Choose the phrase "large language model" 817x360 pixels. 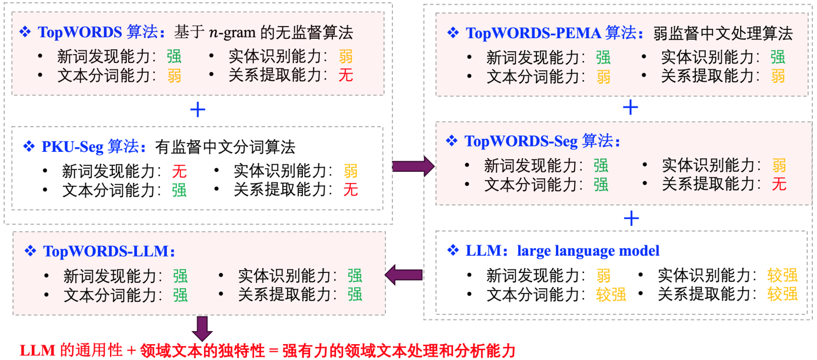click(588, 251)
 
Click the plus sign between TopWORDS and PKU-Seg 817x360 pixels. click(198, 109)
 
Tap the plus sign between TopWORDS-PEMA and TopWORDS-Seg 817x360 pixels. click(630, 106)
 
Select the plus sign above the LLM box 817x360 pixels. click(631, 218)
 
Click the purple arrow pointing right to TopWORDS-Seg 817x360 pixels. click(413, 167)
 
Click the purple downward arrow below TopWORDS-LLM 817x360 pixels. click(202, 326)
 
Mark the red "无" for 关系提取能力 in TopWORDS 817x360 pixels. click(345, 75)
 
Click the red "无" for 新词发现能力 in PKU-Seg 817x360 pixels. click(179, 171)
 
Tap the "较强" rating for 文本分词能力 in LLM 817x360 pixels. click(611, 294)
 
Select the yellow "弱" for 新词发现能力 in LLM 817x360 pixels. click(603, 275)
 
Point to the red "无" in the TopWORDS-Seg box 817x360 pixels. click(779, 184)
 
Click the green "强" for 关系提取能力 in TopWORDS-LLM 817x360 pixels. click(355, 294)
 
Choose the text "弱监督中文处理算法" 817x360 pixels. click(723, 32)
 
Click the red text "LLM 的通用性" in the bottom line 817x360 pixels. click(71, 351)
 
